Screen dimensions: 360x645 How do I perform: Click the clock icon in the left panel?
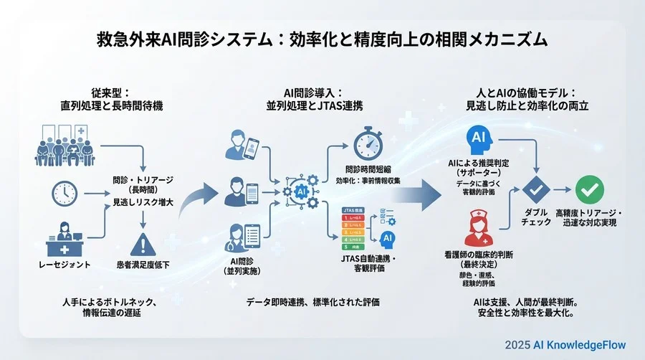tap(64, 192)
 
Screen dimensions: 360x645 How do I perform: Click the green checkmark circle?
tap(589, 190)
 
